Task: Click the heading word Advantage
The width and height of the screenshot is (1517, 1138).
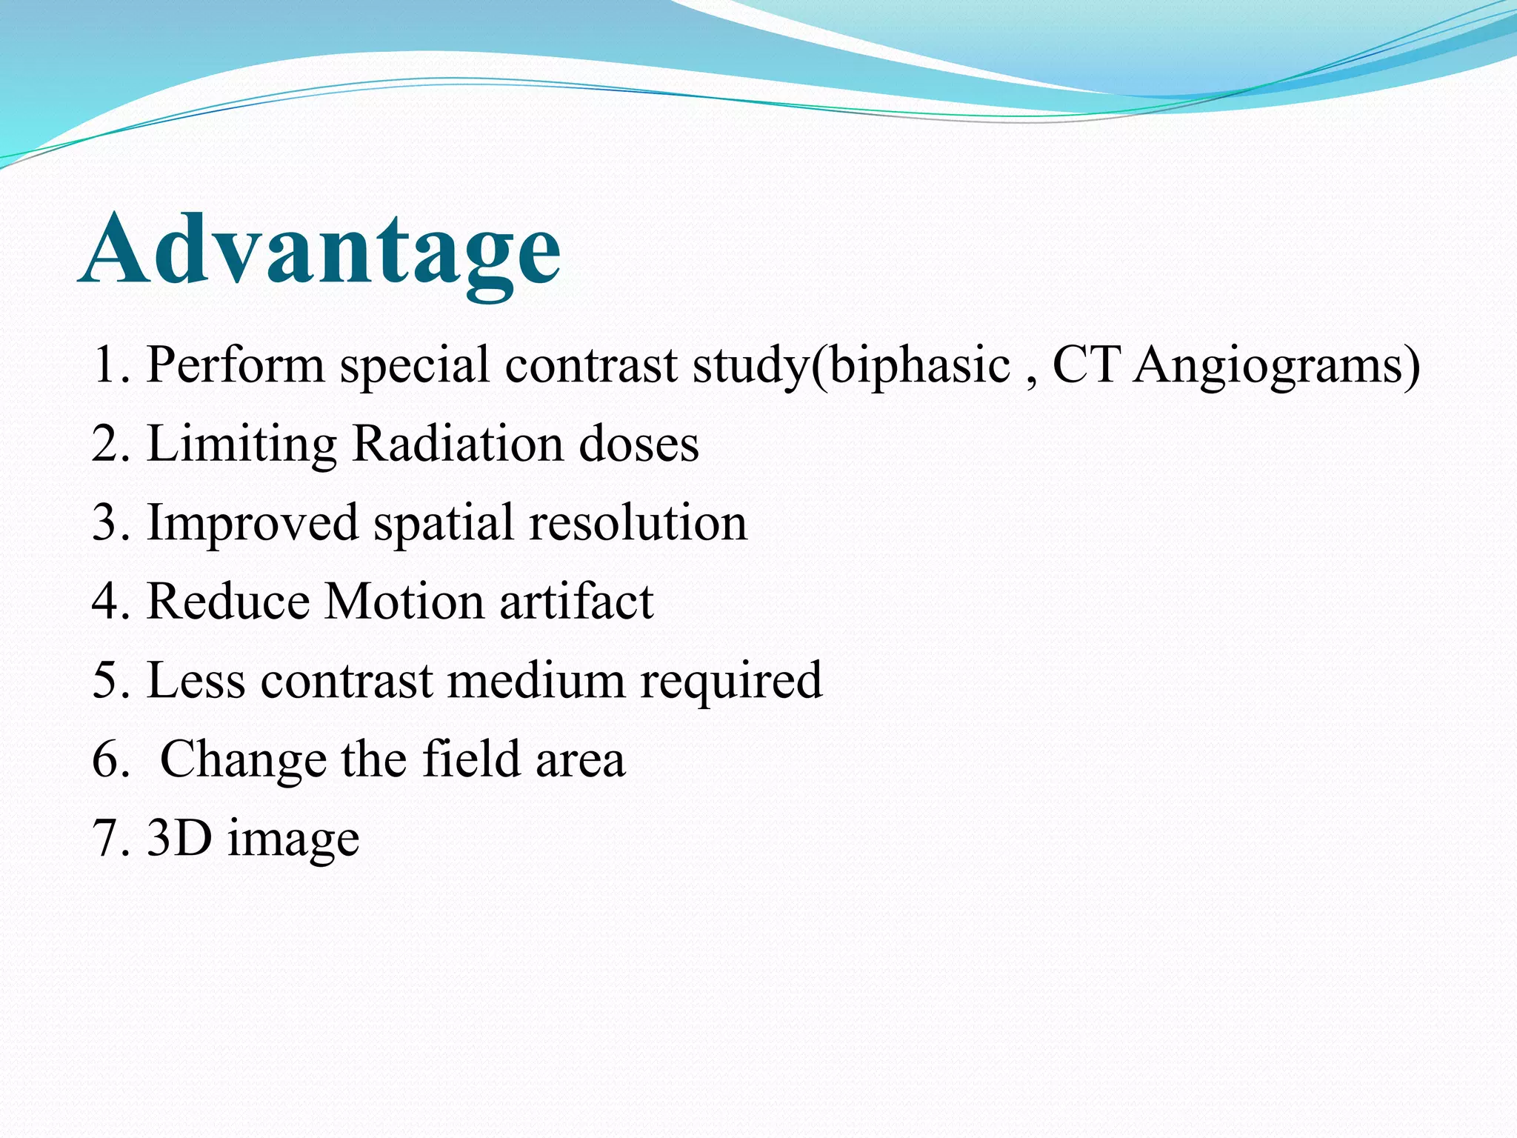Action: pos(320,249)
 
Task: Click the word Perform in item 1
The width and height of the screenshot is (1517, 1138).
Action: pos(236,365)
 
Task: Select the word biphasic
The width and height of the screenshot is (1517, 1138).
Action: pos(919,365)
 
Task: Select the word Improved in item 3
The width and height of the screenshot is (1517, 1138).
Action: pos(253,523)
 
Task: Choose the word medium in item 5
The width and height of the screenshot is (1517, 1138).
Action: pos(536,680)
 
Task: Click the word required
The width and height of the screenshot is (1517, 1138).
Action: pos(731,682)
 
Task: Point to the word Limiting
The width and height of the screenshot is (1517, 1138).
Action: pos(241,445)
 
